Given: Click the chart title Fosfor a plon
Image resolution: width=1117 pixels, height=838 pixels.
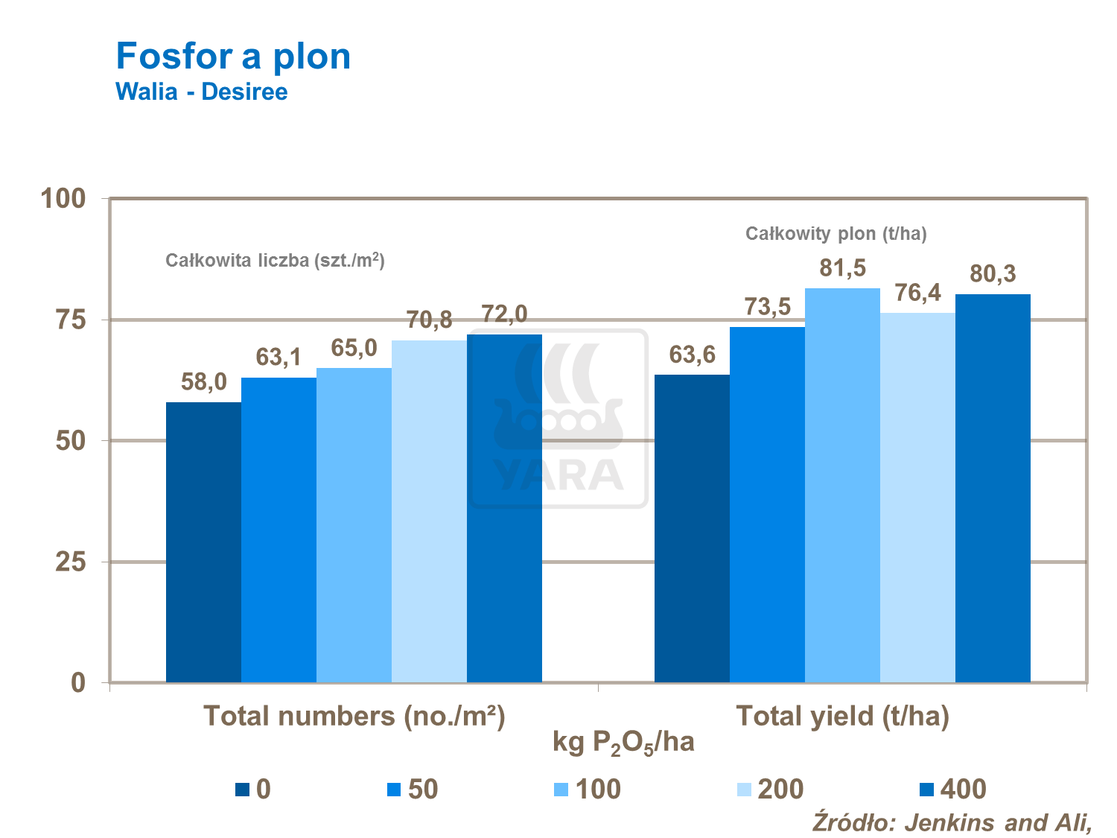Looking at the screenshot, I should tap(233, 57).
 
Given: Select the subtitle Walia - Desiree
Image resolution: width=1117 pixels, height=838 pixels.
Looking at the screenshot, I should tap(201, 92).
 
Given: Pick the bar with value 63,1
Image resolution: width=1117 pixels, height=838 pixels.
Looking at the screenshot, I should tap(279, 530).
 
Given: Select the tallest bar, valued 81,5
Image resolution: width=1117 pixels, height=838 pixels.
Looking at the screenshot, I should tap(842, 485).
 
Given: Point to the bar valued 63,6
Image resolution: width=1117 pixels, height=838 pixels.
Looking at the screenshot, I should tap(692, 528).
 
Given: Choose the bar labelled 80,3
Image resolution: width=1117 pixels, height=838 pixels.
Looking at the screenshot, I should tap(993, 488).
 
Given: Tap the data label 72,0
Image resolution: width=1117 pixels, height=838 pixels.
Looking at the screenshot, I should tap(504, 314).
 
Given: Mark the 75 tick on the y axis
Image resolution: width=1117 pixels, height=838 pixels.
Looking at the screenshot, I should tap(71, 320).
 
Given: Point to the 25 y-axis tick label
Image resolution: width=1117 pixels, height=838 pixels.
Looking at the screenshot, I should tap(71, 562).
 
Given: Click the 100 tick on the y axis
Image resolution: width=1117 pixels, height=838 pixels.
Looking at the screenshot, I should tap(63, 199).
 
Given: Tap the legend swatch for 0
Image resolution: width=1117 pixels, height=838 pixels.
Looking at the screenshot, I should tap(243, 790).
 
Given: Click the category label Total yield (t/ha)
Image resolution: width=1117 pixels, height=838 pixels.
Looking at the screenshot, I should tap(842, 716).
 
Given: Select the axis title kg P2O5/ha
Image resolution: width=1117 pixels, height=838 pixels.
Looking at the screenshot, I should tap(623, 743).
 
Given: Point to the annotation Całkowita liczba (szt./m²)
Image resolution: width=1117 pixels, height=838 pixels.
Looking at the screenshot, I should tap(275, 260).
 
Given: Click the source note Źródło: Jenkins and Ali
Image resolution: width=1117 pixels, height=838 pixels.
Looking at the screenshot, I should tap(952, 822).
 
